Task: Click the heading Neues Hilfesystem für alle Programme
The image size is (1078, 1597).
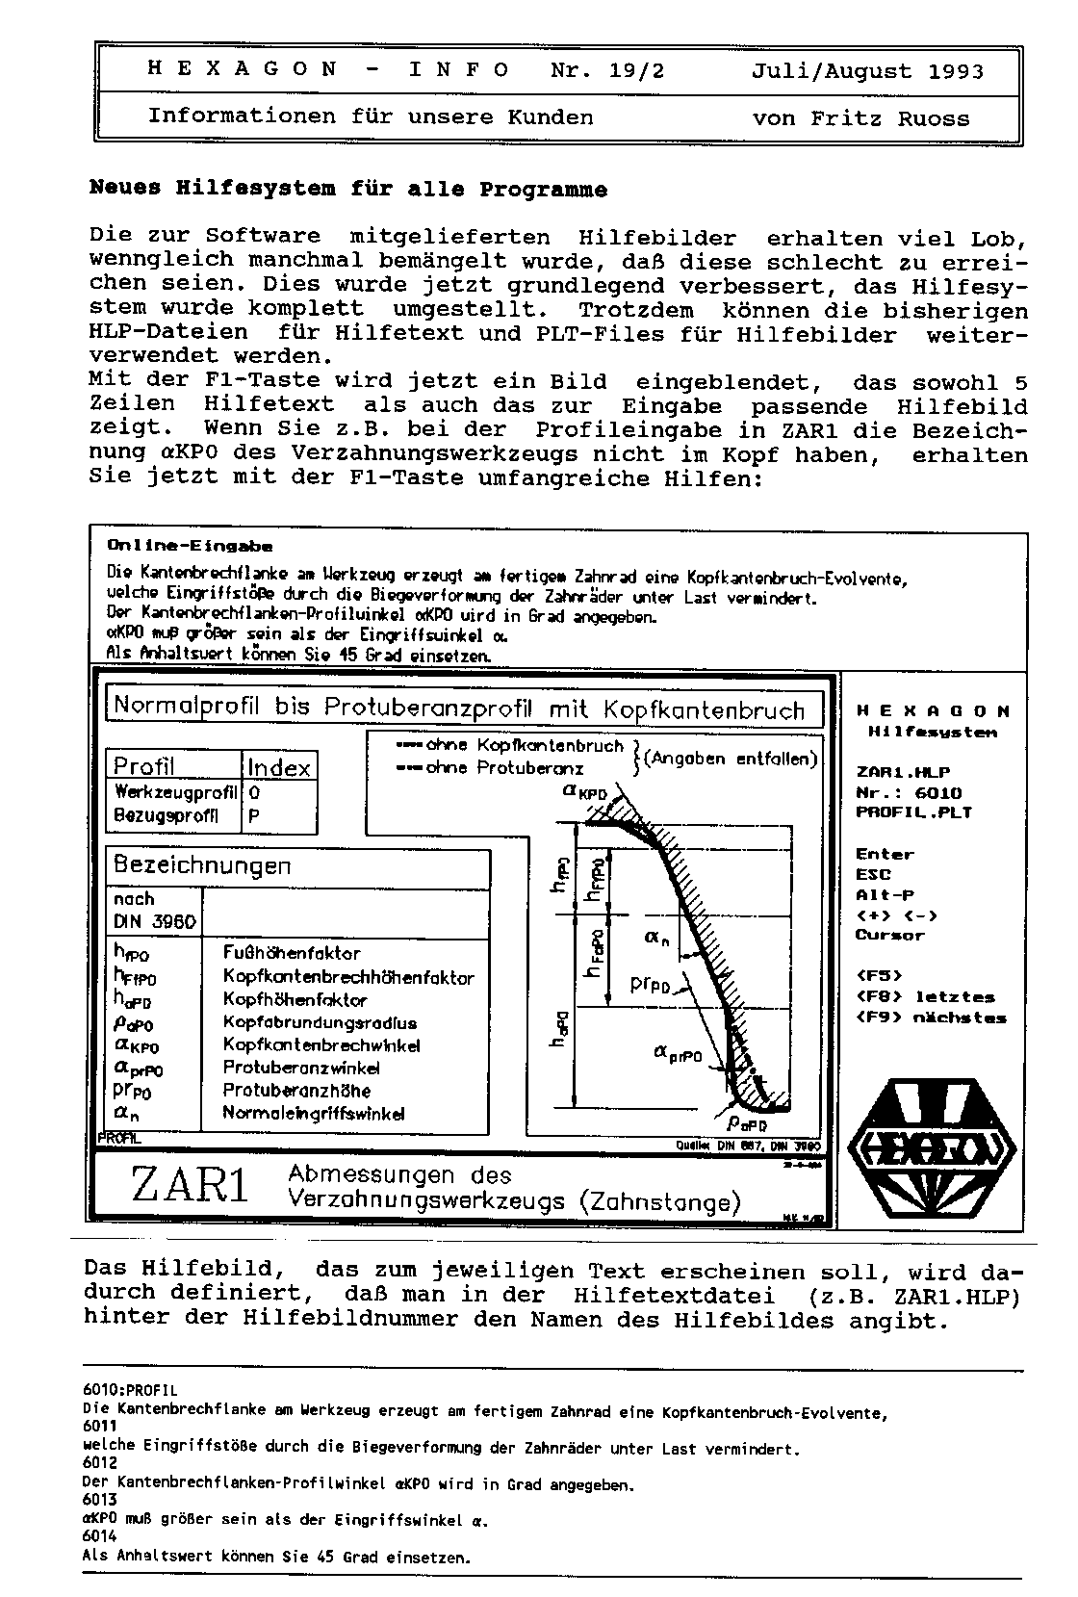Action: coord(347,190)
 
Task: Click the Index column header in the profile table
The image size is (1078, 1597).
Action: coord(278,767)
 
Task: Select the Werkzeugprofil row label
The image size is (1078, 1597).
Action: coord(175,793)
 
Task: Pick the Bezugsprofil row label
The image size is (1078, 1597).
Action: coord(166,816)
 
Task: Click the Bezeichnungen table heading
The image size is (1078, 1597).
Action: coord(202,864)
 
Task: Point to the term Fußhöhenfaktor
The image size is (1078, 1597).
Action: coord(292,953)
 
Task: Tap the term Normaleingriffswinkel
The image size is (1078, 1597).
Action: coord(314,1114)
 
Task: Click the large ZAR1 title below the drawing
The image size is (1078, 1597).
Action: coord(190,1185)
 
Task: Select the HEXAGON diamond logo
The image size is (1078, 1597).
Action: coord(932,1148)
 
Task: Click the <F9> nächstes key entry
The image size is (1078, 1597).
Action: coord(931,1017)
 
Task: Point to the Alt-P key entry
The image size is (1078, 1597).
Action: coord(885,895)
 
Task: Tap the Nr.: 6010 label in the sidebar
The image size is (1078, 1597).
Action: coord(908,792)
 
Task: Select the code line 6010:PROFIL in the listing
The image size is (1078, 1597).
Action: coord(130,1390)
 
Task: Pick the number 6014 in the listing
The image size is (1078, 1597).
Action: coord(99,1538)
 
